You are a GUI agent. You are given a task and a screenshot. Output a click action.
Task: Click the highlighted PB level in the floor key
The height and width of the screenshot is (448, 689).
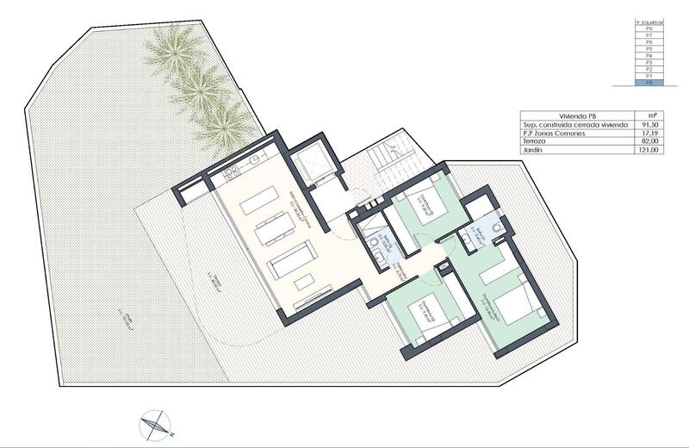point(649,84)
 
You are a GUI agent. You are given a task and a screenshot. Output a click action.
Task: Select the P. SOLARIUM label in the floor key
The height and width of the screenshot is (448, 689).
point(649,22)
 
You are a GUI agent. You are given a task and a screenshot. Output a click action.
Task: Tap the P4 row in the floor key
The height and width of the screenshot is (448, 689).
point(649,56)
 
